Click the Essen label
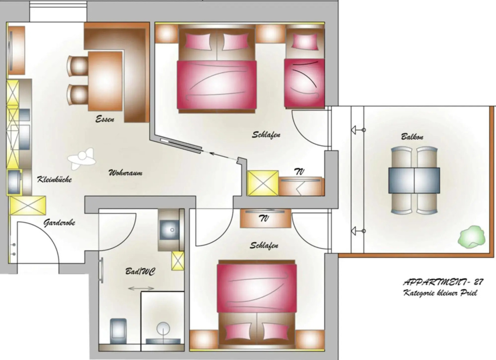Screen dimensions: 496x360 [105, 119]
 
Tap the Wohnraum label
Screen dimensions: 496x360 [125, 172]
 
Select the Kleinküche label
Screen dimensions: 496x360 [54, 179]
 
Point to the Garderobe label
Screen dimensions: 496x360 [59, 223]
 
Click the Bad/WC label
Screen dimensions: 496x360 [140, 271]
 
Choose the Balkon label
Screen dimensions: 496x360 [412, 137]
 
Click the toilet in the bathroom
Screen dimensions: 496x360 [118, 331]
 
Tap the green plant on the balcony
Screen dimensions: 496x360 [471, 236]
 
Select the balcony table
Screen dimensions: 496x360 [414, 180]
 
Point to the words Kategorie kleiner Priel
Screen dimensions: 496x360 [440, 293]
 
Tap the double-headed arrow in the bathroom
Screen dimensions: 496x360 [141, 288]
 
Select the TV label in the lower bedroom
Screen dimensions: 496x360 [264, 219]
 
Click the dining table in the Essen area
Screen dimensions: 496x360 [105, 81]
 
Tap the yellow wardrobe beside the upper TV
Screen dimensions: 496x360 [263, 183]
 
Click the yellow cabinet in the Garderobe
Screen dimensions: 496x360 [28, 205]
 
